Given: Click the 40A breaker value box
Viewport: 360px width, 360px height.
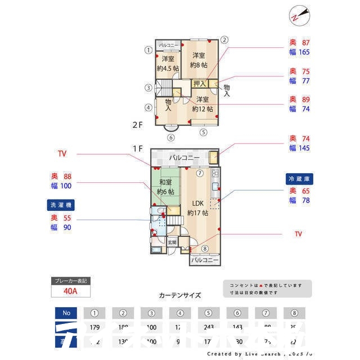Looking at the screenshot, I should [70, 291].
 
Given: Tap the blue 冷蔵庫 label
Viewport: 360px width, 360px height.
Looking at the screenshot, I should [300, 178].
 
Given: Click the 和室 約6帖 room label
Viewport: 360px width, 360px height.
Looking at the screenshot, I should [165, 187].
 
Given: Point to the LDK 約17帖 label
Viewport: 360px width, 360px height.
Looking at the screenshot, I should [198, 208].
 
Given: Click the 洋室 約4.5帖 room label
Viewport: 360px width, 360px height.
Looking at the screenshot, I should [168, 63].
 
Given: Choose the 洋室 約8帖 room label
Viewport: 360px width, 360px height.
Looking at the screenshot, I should [198, 60].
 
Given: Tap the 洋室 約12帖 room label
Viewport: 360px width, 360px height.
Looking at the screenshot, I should [202, 104].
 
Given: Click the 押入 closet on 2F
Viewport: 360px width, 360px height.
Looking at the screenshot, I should [200, 84].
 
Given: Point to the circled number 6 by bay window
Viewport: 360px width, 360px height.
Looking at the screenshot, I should [171, 137].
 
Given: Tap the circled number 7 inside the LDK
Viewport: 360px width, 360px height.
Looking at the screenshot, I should [200, 173].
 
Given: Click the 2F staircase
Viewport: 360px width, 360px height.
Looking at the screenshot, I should [164, 87].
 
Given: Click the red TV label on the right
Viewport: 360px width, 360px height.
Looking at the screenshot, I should [298, 233].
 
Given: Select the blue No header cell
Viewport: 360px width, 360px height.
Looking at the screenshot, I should [66, 313].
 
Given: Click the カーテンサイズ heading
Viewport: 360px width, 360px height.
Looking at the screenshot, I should [179, 295].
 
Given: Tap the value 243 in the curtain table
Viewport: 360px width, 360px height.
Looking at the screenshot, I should [208, 327].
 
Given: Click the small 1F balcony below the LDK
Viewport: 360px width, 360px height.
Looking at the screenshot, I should [204, 260].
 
